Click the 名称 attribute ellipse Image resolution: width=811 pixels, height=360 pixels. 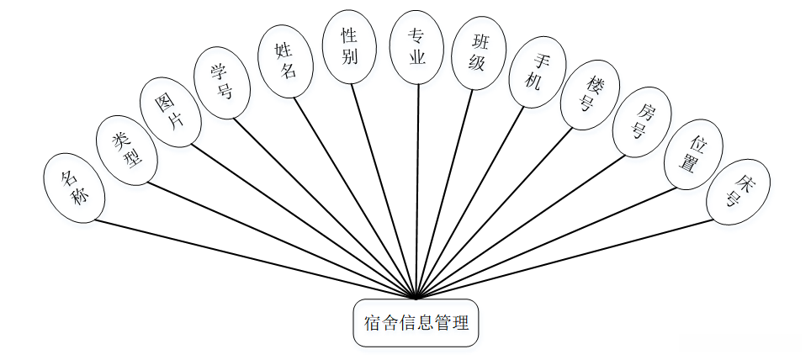(74, 188)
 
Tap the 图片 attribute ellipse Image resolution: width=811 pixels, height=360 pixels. (171, 113)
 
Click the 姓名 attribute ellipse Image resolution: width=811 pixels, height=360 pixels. (286, 59)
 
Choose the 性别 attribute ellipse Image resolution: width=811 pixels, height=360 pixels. (349, 47)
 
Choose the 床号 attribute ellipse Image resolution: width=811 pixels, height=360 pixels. (738, 191)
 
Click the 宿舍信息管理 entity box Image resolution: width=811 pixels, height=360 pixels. (416, 322)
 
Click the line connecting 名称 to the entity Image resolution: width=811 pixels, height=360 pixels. (252, 259)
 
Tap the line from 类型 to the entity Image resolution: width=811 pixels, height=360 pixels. (278, 240)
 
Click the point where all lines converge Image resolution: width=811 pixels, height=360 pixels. (416, 298)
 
